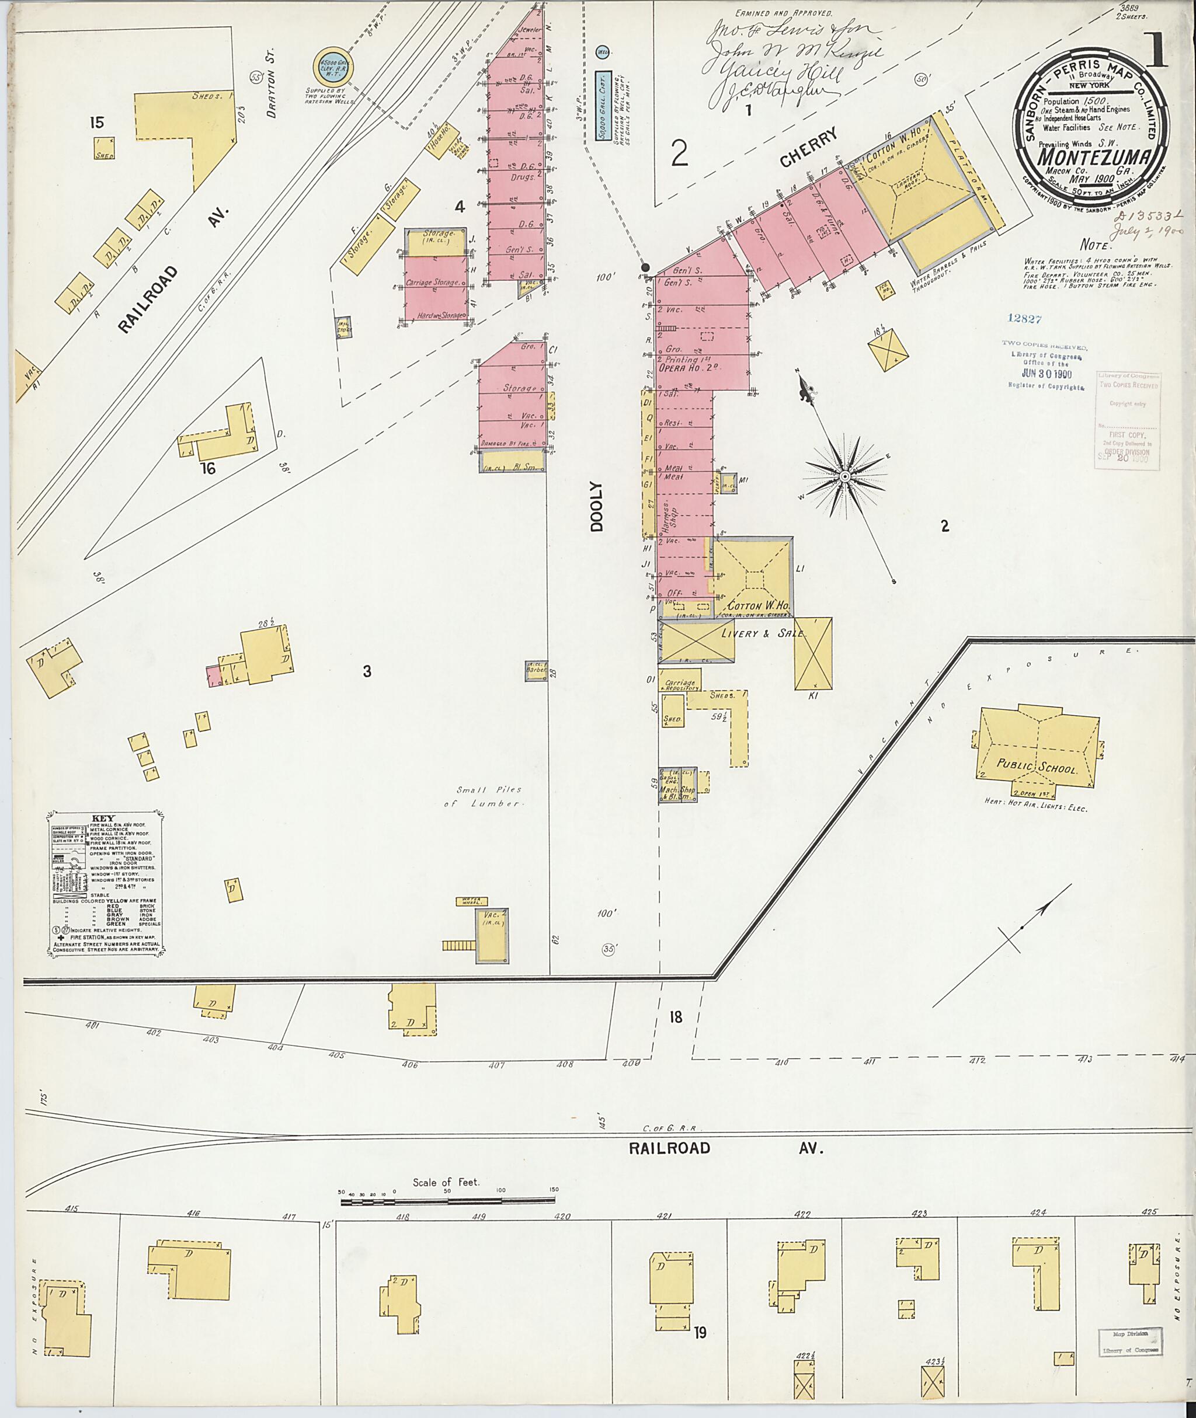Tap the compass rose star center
click(845, 477)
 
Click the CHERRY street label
click(809, 148)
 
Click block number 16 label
click(207, 468)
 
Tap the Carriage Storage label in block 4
click(433, 282)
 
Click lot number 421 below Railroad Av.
click(665, 1215)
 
